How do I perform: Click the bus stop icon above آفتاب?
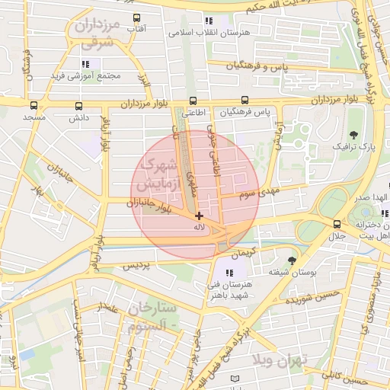point(136,17)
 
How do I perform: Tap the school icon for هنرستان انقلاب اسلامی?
point(208,21)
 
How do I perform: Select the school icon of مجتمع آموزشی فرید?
point(85,63)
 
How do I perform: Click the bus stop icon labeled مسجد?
point(34,106)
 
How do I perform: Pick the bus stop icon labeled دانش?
point(79,106)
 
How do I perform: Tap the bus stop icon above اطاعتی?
point(192,101)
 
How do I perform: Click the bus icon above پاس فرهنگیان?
point(245,100)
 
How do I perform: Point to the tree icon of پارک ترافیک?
point(352,133)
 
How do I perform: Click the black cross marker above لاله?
point(200,216)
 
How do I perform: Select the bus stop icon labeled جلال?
point(337,224)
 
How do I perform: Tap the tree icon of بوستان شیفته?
point(291,261)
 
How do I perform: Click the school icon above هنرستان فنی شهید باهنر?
point(230,273)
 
